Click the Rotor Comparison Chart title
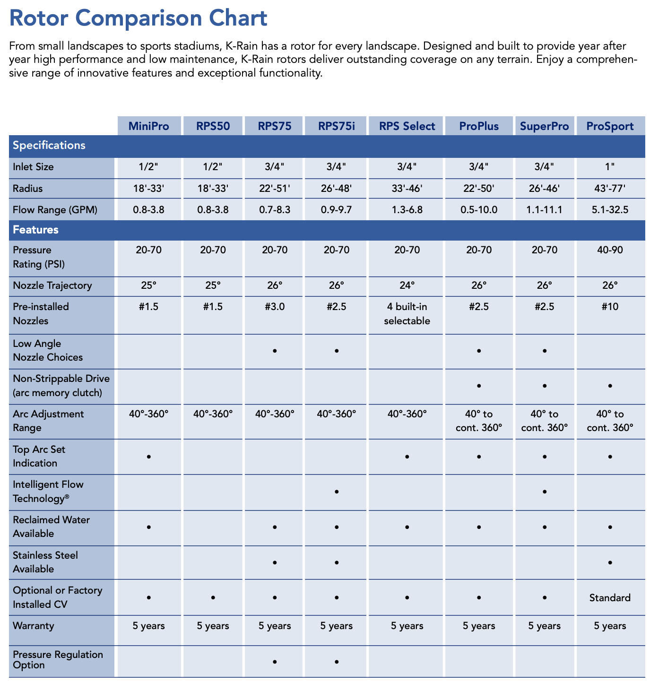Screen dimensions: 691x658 [x=138, y=18]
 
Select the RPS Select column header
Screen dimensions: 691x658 [x=407, y=126]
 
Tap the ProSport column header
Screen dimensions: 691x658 [x=610, y=126]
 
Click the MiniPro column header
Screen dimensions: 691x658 [x=148, y=126]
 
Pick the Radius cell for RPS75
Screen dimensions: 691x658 [x=275, y=189]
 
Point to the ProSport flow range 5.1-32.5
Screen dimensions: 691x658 [x=610, y=210]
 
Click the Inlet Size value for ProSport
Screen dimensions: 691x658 [x=610, y=167]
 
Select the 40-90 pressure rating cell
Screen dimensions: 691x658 [x=610, y=250]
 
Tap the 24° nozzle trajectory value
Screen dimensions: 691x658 [x=407, y=285]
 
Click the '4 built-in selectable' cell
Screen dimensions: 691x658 [x=407, y=314]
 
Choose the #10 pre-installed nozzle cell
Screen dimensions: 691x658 [x=610, y=307]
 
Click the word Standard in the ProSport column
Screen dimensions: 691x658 [x=610, y=598]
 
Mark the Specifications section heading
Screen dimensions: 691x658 [x=49, y=146]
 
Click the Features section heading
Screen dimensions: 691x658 [x=36, y=230]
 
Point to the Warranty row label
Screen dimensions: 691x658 [x=34, y=626]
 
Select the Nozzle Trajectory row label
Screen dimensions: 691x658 [x=52, y=285]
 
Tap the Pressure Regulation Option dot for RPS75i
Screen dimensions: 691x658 [x=337, y=662]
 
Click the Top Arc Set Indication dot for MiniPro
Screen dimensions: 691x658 [x=148, y=457]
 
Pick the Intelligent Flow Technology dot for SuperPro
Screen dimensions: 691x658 [x=545, y=492]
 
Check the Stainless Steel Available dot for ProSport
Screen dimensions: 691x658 [x=610, y=562]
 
